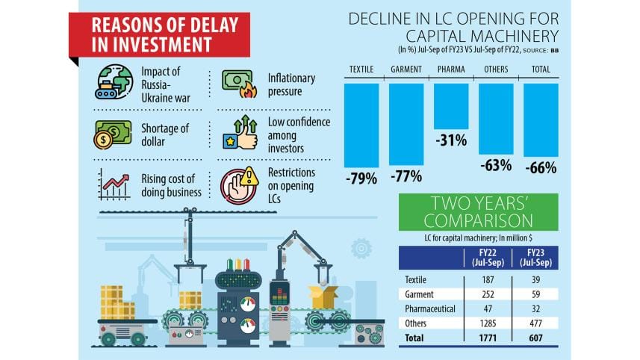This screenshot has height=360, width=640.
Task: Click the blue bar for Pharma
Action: (x=451, y=106)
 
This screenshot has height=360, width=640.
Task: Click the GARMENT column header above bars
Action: (x=406, y=70)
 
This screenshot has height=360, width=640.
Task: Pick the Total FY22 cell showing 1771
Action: (x=483, y=338)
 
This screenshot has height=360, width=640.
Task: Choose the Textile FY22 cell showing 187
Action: (x=483, y=279)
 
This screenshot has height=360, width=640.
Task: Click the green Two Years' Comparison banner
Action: (x=478, y=211)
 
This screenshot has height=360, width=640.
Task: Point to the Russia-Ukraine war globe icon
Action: (x=114, y=84)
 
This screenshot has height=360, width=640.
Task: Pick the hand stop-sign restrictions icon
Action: (x=239, y=184)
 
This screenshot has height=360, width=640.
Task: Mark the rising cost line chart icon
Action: (x=114, y=184)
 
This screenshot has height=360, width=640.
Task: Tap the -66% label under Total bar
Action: (x=541, y=169)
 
